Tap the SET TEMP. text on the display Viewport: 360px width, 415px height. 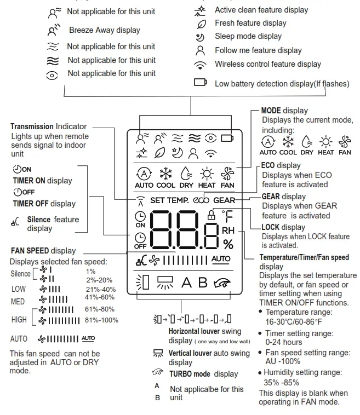(x=169, y=200)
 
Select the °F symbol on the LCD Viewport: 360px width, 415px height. (x=227, y=215)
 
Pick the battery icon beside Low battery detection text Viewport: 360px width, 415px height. (x=200, y=83)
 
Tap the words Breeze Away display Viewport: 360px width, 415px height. (x=104, y=30)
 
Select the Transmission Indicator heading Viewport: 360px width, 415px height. (x=48, y=126)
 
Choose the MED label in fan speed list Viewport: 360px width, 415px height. (x=18, y=302)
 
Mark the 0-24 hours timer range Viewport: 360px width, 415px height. (x=281, y=342)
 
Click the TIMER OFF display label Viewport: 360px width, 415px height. (x=44, y=204)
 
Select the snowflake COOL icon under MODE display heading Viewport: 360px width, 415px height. (x=288, y=142)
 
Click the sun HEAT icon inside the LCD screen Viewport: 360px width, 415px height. (x=207, y=175)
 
